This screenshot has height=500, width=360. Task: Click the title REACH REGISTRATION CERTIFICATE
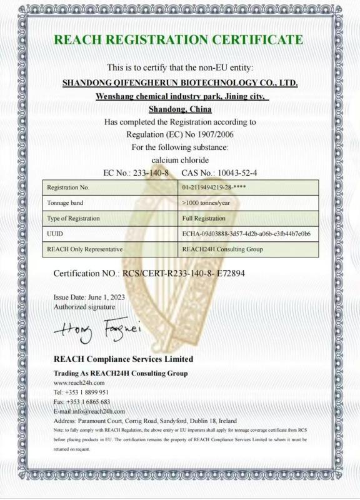178,40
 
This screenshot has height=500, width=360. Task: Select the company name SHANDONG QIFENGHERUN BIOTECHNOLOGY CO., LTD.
181,82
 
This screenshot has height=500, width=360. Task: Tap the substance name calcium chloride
179,160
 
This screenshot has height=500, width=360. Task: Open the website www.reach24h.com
79,382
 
